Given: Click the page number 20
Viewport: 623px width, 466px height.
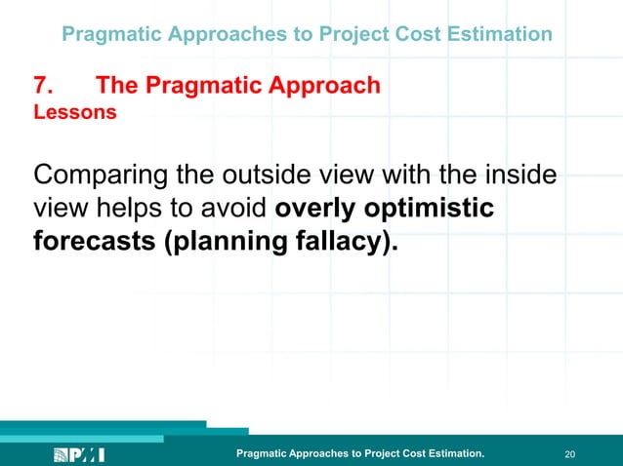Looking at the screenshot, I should tap(571, 454).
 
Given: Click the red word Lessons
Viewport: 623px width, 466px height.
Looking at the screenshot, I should tap(75, 112).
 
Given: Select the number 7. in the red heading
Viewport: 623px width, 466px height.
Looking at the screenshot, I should tap(46, 86).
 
